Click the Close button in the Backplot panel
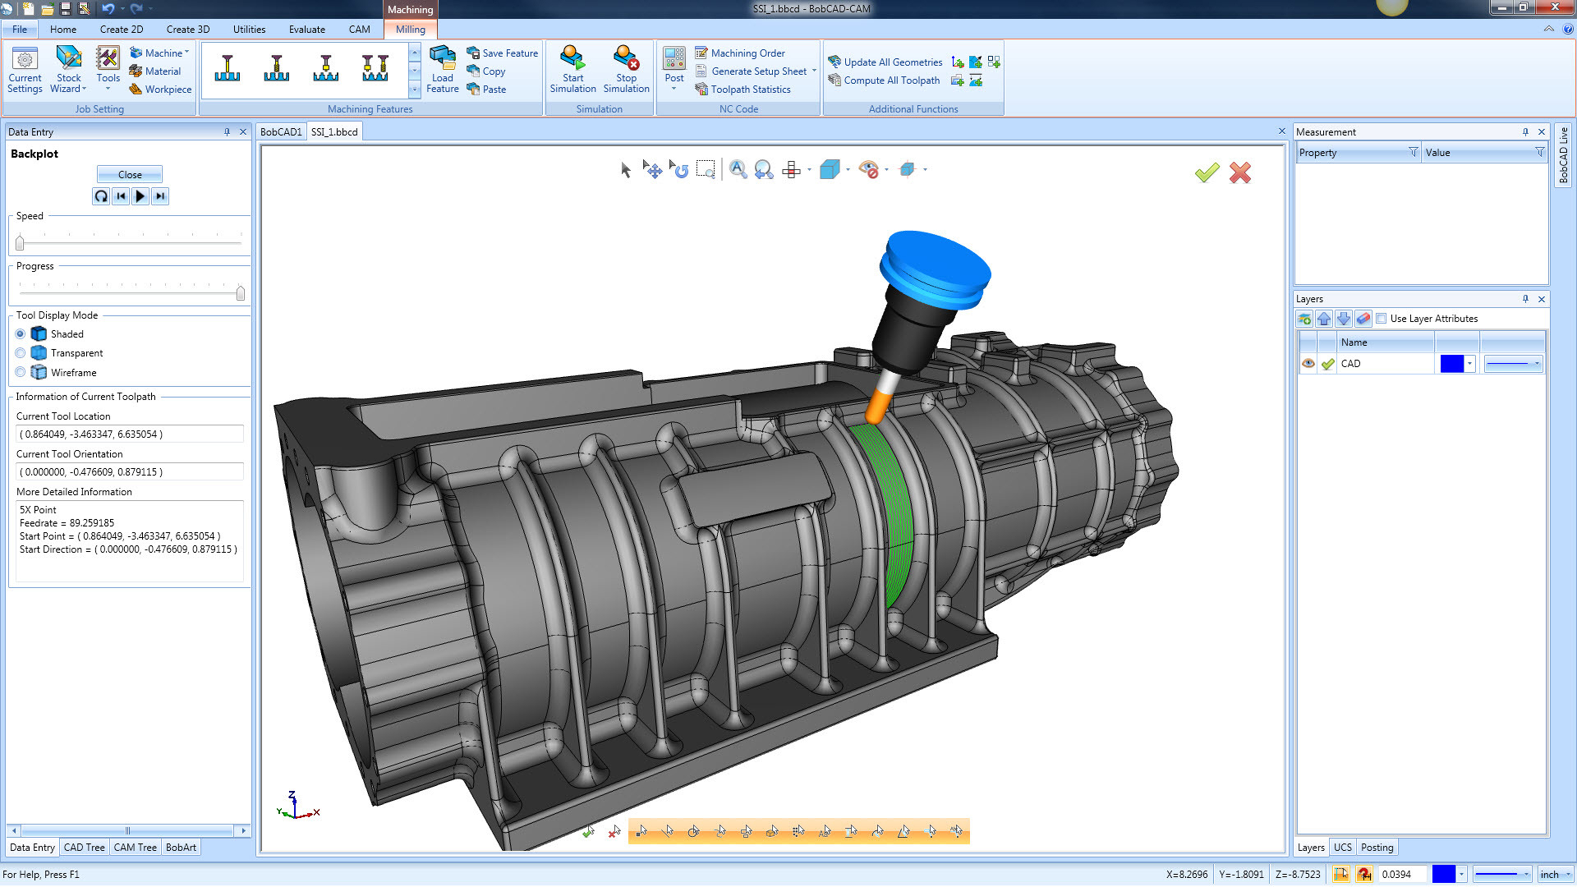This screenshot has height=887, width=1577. point(129,175)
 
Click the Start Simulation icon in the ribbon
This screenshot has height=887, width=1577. point(572,58)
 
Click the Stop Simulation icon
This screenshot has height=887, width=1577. point(626,58)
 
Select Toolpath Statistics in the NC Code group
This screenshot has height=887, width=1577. point(750,89)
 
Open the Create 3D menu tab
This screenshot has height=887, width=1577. point(187,29)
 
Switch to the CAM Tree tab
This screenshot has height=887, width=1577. point(135,847)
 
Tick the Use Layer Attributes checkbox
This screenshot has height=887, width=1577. point(1381,318)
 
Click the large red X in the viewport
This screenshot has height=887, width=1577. point(1240,173)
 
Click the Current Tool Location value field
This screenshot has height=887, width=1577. point(129,434)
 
